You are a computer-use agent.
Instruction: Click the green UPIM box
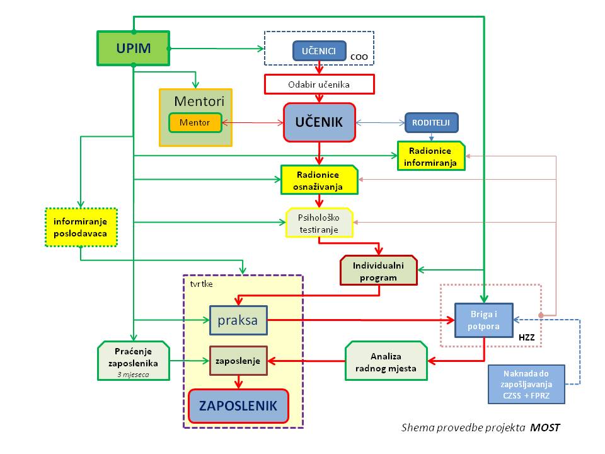click(133, 49)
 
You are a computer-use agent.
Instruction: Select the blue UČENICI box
click(320, 50)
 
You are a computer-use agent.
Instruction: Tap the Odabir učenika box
click(319, 84)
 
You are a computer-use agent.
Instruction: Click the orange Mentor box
click(195, 122)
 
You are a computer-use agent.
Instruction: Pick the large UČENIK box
click(320, 122)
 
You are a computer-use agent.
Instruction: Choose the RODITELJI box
click(431, 122)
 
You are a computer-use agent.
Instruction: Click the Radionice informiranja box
click(431, 156)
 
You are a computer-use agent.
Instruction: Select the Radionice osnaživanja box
click(319, 180)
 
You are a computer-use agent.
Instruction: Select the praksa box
click(238, 320)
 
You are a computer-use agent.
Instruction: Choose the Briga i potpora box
click(484, 320)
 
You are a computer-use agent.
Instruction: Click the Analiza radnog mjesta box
click(386, 361)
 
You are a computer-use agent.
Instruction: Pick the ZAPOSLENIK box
click(238, 406)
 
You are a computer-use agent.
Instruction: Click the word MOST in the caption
click(544, 428)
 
